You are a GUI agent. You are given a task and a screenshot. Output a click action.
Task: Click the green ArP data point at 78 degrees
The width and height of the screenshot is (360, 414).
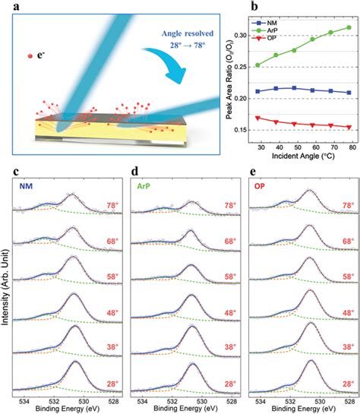click(x=349, y=27)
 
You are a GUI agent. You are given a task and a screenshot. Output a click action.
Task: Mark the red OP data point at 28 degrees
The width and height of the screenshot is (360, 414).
click(x=258, y=118)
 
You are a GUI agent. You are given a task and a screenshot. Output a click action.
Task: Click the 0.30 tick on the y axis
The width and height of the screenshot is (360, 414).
click(x=242, y=36)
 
